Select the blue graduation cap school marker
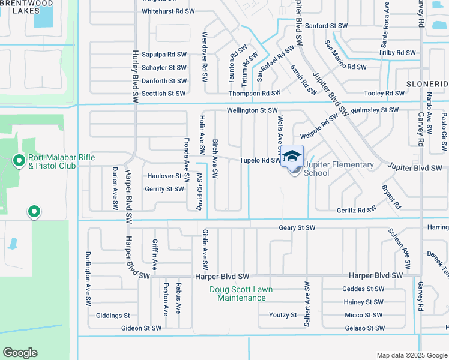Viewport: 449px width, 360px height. coord(292,156)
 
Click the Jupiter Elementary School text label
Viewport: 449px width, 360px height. coord(339,169)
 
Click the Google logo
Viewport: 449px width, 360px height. coord(20,353)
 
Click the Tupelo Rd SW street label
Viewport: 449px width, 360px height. coord(260,160)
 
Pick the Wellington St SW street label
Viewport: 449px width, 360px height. coord(252,110)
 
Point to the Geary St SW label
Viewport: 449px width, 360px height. coord(297,228)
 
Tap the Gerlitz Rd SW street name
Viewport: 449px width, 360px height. coord(356,210)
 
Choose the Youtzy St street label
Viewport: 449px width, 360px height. coord(283,315)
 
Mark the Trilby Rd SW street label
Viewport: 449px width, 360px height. coord(397,53)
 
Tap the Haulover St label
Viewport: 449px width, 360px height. coord(164,176)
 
